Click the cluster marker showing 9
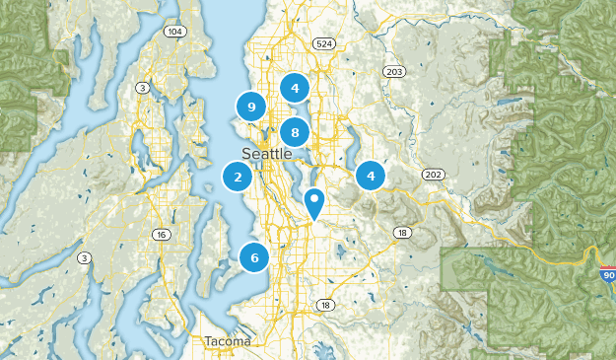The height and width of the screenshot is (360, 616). click(x=252, y=106)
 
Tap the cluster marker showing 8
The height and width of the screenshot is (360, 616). click(x=294, y=132)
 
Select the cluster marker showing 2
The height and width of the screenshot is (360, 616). click(x=237, y=178)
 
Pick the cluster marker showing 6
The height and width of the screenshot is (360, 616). click(x=254, y=257)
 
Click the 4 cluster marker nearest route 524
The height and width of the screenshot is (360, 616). click(x=294, y=88)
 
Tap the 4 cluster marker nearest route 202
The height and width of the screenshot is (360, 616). click(x=371, y=177)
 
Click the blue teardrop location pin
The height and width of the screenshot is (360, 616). click(x=314, y=202)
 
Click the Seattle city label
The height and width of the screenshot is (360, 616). click(x=266, y=154)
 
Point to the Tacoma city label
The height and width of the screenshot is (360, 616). click(x=228, y=341)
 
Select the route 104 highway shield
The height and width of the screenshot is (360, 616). click(x=175, y=33)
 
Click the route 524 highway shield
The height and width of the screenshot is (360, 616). click(x=322, y=44)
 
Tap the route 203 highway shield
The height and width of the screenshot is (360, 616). click(x=394, y=72)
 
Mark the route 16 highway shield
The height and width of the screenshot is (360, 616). click(x=160, y=234)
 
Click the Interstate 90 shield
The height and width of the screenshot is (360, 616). click(x=606, y=273)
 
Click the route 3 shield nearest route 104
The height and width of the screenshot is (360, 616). click(x=143, y=89)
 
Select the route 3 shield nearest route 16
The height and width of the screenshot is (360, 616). click(x=85, y=257)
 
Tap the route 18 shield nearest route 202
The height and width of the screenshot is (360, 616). click(x=401, y=232)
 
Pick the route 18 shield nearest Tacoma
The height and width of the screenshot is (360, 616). click(x=325, y=306)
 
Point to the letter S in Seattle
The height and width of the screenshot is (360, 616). click(x=246, y=154)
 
